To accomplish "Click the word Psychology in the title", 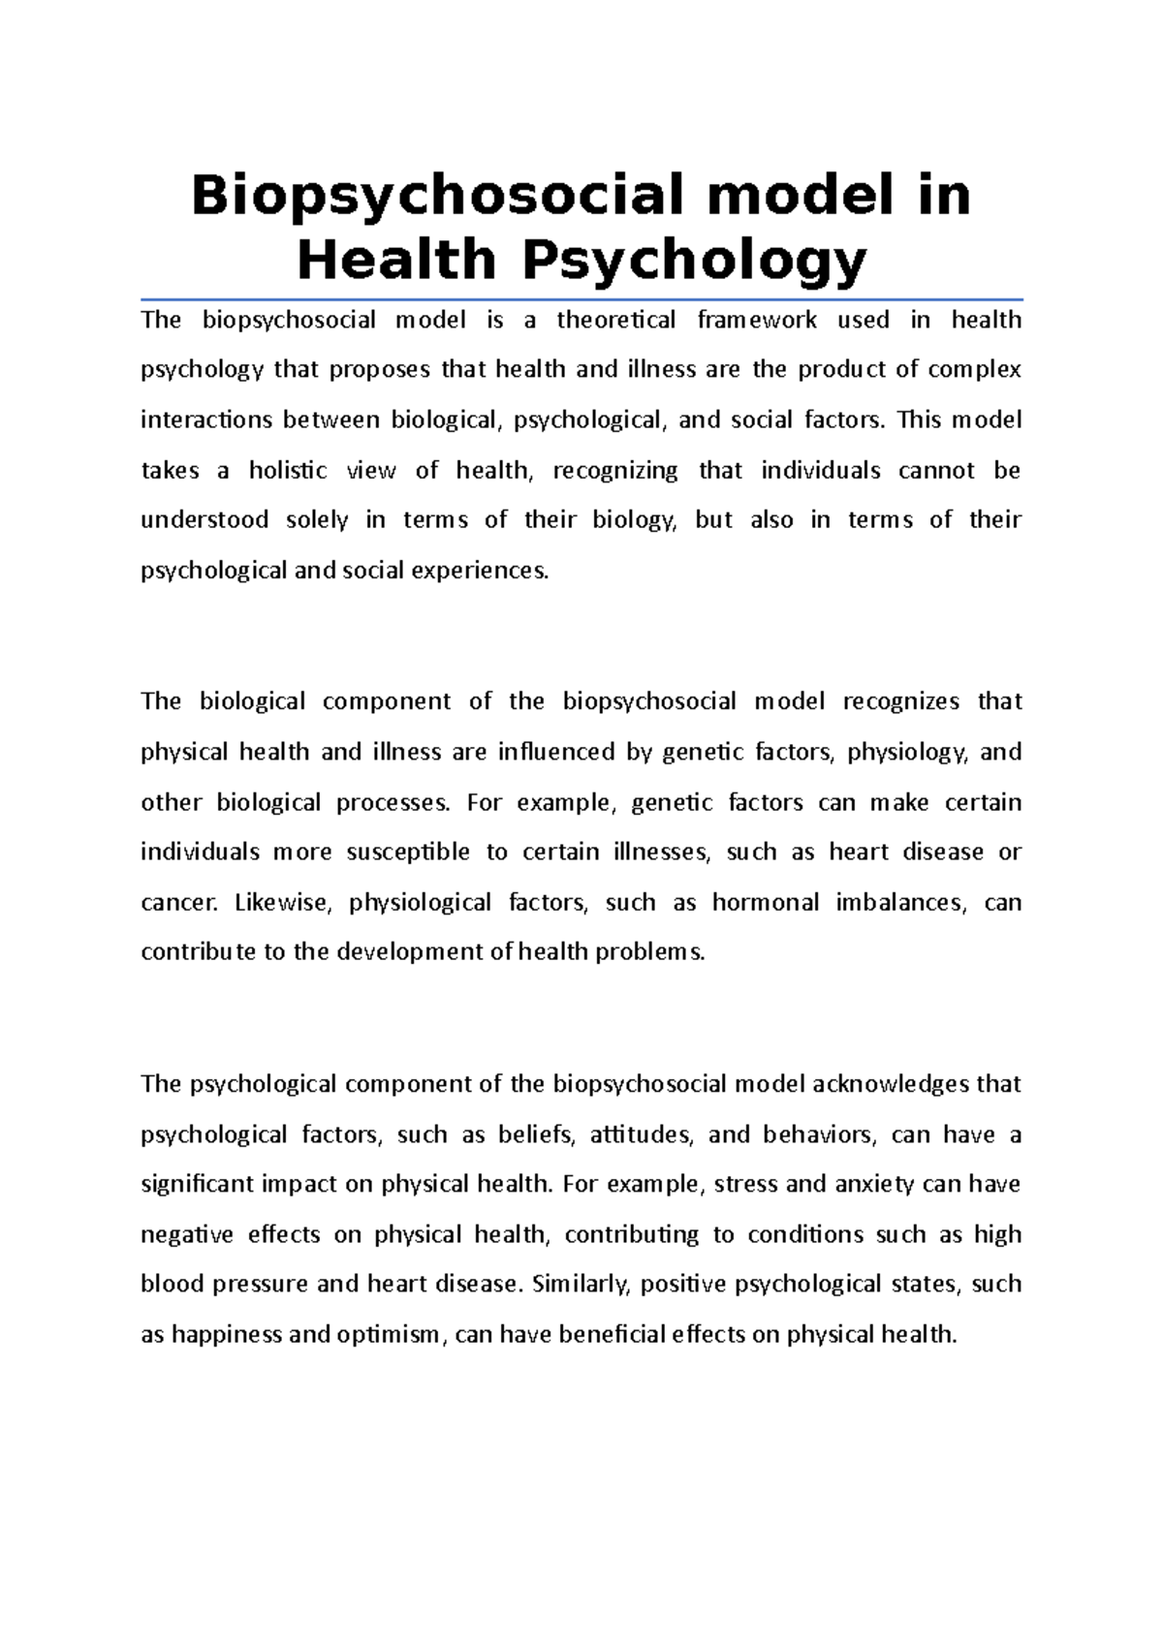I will click(x=694, y=260).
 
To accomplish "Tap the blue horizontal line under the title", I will click(x=581, y=299).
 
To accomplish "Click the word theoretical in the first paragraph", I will click(x=615, y=321).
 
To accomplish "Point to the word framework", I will click(x=757, y=321).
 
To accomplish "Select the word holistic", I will click(x=288, y=471).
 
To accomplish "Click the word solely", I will click(x=317, y=520).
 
